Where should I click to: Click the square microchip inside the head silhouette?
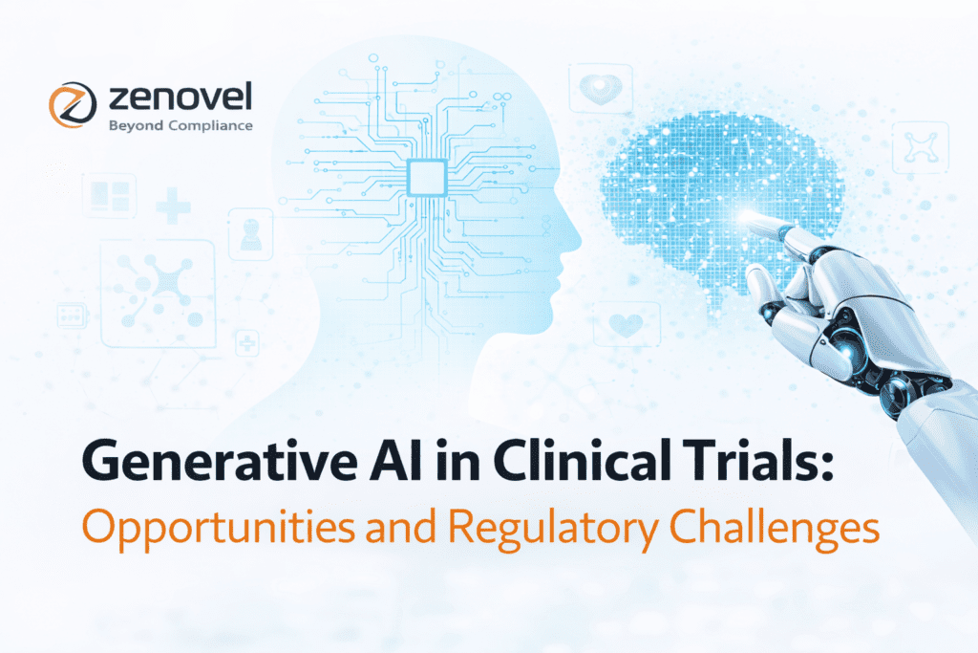click(x=423, y=176)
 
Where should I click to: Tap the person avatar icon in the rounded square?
click(x=250, y=232)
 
